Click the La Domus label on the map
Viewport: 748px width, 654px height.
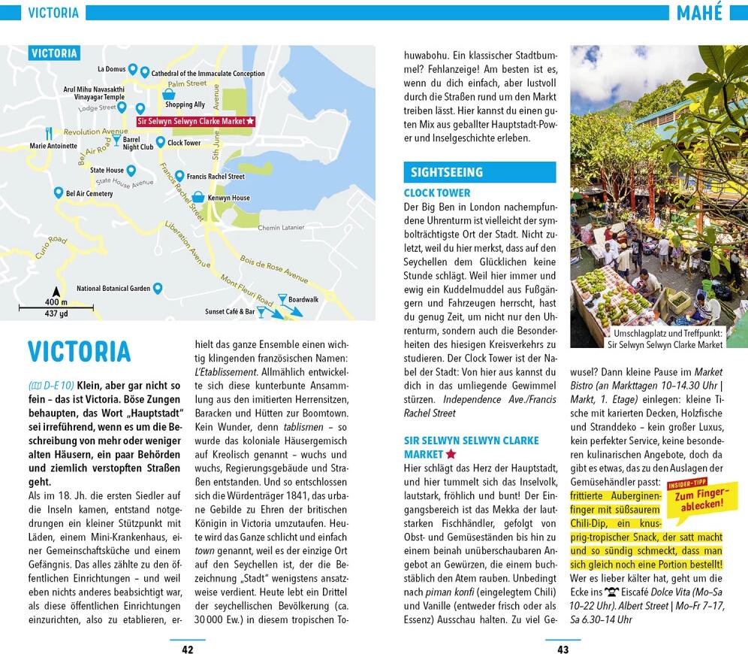[111, 69]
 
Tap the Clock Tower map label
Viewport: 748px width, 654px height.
[184, 143]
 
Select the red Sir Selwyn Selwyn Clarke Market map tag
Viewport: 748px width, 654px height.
[196, 120]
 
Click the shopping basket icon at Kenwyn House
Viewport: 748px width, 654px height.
[198, 197]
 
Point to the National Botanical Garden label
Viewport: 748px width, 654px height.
[113, 289]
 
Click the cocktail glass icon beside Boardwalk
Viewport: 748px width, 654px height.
[282, 299]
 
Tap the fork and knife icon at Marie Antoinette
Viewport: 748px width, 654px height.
[49, 133]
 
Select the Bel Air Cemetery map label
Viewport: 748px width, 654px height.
[89, 194]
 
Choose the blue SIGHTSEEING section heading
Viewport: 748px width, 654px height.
[447, 172]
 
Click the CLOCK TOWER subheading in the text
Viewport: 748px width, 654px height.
[437, 193]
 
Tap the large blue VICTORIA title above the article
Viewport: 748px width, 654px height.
[80, 352]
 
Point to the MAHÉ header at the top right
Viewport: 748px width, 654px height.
[699, 13]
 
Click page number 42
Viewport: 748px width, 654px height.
[188, 649]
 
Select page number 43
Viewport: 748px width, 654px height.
[563, 649]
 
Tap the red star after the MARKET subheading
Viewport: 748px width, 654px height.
[451, 454]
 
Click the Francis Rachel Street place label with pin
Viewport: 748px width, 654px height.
[216, 177]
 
